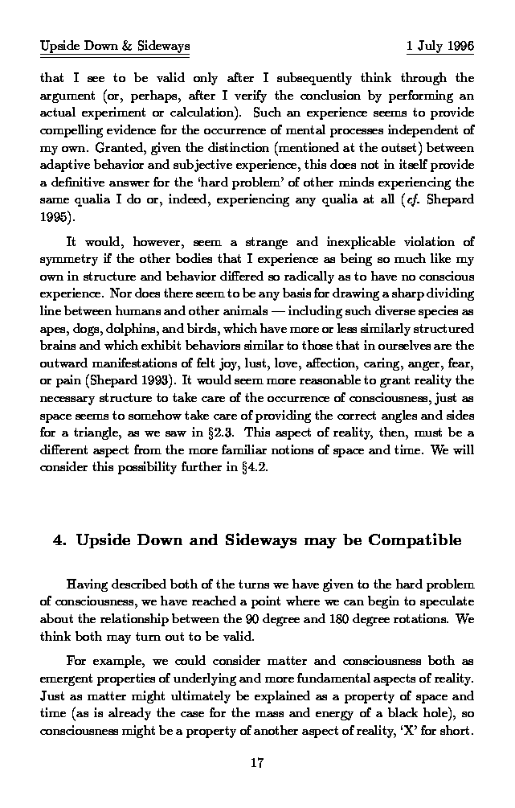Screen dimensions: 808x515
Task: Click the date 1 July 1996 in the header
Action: [440, 46]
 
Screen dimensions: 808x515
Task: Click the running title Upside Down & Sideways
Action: [115, 46]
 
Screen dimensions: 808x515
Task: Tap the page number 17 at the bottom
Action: [257, 763]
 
